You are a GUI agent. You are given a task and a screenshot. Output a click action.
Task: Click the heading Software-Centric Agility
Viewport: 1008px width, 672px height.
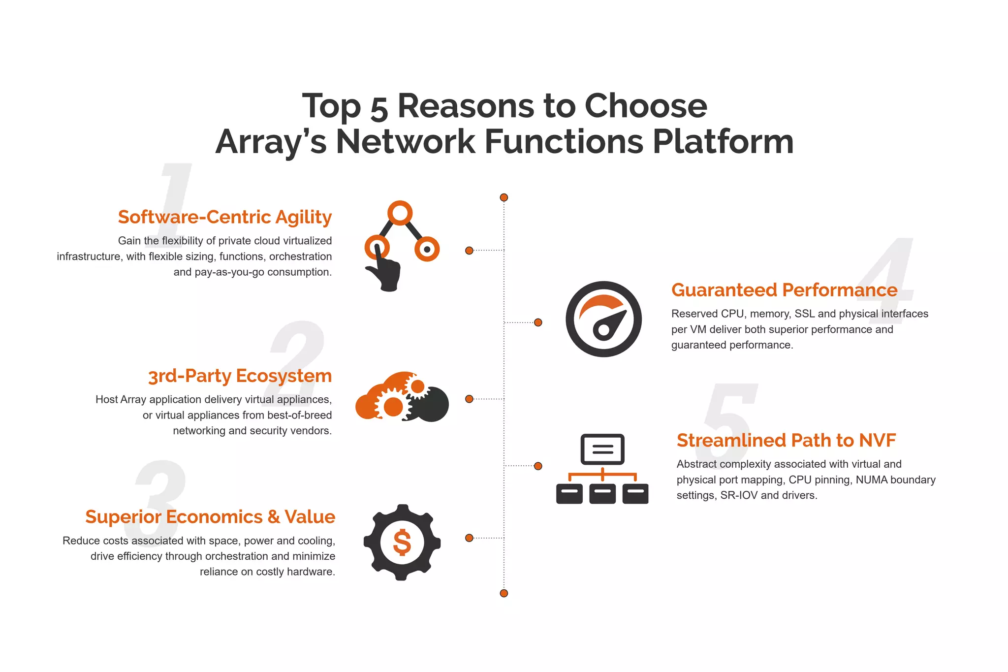click(225, 217)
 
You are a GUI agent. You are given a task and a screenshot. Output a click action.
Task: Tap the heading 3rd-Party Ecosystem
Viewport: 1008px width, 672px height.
click(240, 376)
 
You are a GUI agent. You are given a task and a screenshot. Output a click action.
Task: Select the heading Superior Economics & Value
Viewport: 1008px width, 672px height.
click(210, 517)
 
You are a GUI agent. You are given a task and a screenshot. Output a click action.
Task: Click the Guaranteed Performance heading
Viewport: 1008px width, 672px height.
click(784, 290)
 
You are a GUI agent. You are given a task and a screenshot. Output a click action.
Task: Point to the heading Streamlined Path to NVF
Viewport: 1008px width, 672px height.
click(786, 441)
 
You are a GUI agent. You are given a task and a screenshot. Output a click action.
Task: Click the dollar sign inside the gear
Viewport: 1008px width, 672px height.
click(402, 543)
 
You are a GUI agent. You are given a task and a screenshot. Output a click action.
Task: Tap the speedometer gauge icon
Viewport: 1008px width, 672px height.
click(603, 319)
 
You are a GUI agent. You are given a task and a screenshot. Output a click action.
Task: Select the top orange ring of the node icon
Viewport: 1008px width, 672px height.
click(400, 213)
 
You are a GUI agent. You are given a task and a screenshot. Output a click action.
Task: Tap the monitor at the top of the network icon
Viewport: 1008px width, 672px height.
click(602, 449)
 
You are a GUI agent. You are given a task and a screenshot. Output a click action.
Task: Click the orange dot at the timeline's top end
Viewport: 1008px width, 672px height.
click(504, 197)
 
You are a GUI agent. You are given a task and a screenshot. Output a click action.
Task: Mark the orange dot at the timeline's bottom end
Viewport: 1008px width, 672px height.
click(504, 593)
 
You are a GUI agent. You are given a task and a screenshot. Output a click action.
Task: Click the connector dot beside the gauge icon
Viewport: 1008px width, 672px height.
click(538, 322)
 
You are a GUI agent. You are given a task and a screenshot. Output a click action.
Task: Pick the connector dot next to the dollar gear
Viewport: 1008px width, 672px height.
click(469, 538)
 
